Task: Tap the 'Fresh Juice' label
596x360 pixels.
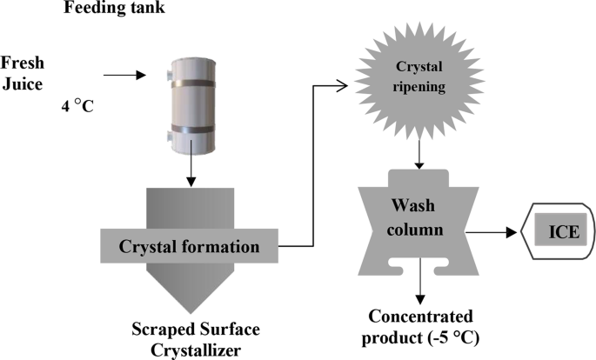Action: [22, 75]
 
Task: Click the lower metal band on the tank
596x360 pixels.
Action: [189, 128]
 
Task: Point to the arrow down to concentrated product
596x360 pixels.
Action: [420, 283]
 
